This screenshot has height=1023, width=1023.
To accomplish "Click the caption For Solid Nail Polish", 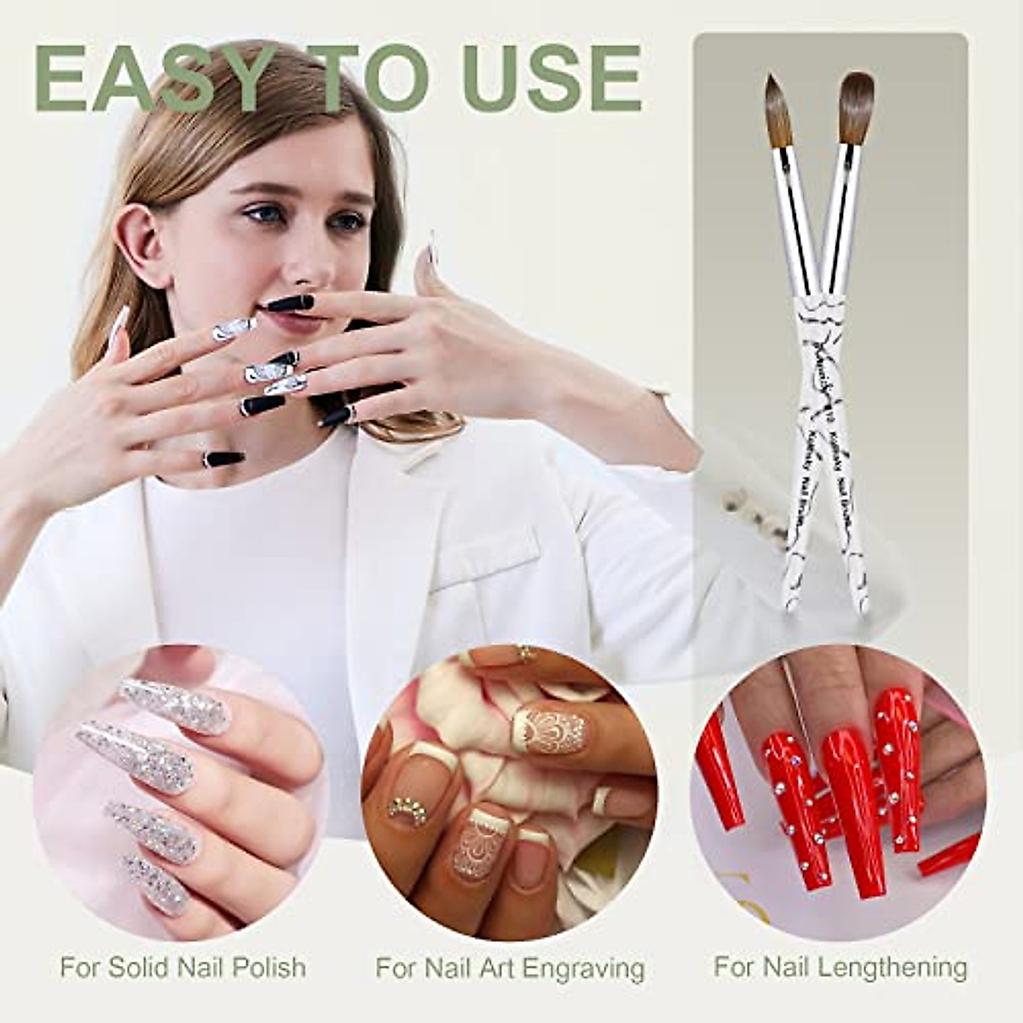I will pyautogui.click(x=182, y=968).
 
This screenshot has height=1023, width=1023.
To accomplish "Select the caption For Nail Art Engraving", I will pyautogui.click(x=510, y=968).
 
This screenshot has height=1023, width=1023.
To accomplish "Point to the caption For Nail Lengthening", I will pyautogui.click(x=840, y=967).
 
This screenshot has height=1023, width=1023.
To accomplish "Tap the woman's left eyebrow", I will pyautogui.click(x=345, y=195).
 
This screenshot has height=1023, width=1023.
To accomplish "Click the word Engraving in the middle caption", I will pyautogui.click(x=583, y=969).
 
